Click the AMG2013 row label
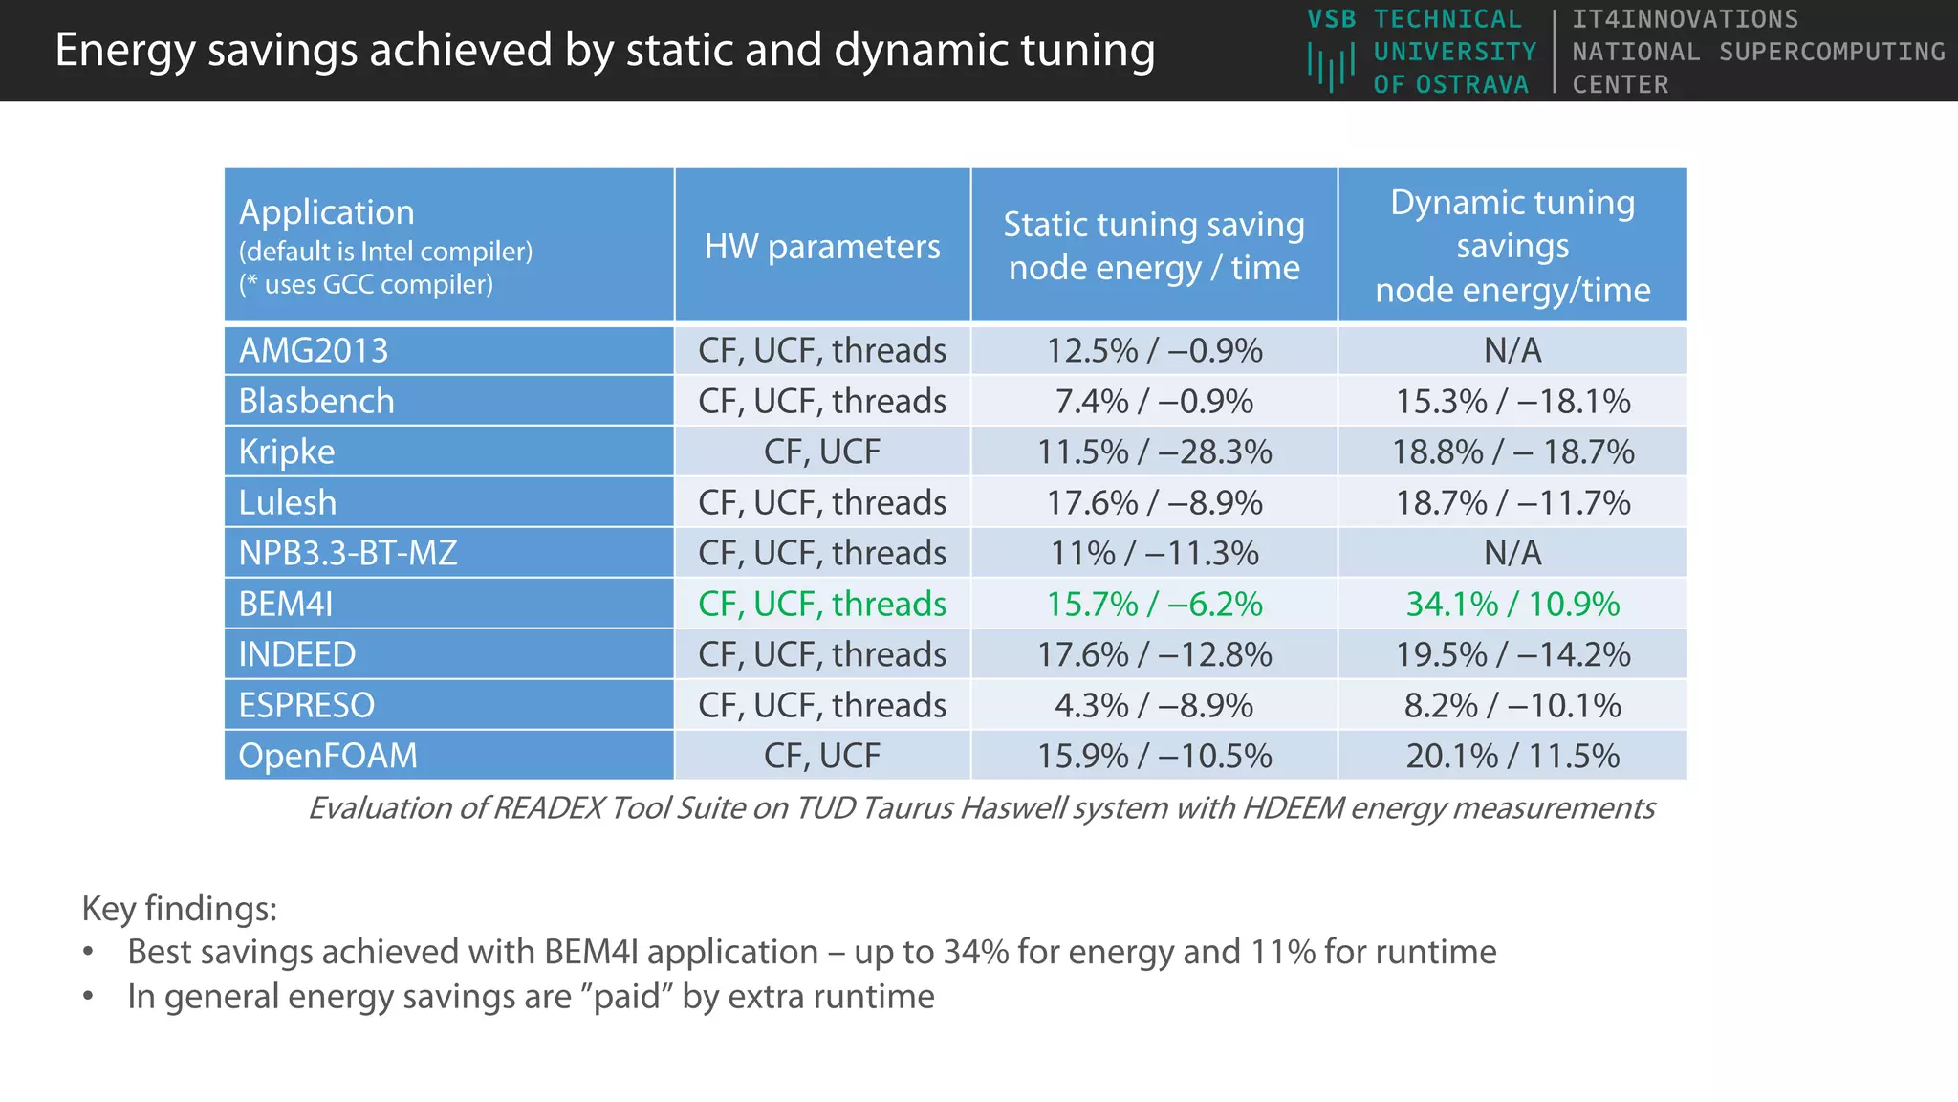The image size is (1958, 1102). [314, 350]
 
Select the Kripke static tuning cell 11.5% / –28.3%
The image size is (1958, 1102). [1154, 452]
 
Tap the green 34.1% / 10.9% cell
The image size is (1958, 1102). [1512, 604]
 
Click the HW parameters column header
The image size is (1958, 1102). [822, 247]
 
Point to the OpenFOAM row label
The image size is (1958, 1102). [328, 756]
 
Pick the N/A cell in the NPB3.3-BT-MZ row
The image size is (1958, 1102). [1512, 553]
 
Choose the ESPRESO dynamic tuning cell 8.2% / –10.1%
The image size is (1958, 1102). [1512, 705]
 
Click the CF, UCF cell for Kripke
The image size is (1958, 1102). [822, 452]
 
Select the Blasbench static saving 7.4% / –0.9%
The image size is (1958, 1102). [1154, 401]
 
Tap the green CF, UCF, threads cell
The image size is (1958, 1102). [822, 604]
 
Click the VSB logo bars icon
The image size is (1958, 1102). [1331, 67]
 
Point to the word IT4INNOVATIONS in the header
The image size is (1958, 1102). [1685, 19]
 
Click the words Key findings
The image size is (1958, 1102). [179, 908]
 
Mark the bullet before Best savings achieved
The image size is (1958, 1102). [89, 953]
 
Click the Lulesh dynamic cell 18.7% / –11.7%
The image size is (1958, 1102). [1512, 502]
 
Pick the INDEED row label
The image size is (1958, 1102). [297, 654]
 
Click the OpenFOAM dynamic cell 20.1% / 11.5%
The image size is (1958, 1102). [1512, 756]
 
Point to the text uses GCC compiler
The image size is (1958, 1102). [379, 284]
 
